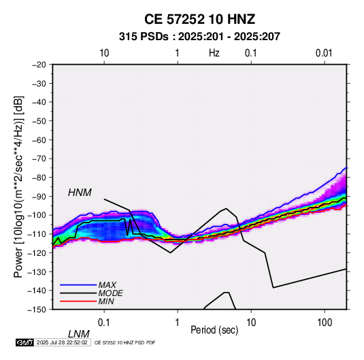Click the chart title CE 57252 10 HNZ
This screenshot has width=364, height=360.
199,19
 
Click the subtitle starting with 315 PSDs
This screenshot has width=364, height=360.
199,37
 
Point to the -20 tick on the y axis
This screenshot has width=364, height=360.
39,65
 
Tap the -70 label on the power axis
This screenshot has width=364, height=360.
39,159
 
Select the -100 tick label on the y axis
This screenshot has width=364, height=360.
37,215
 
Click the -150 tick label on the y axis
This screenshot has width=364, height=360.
37,310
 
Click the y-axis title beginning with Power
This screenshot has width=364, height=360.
19,187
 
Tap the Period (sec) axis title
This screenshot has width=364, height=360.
214,330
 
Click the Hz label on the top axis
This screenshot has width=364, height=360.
214,53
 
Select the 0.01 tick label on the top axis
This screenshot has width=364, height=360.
324,53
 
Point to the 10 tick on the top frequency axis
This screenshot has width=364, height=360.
104,53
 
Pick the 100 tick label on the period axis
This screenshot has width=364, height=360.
325,323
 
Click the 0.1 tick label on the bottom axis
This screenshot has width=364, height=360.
104,323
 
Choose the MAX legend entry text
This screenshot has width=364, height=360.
107,285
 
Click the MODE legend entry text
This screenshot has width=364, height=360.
110,293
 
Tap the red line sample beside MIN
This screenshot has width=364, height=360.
78,301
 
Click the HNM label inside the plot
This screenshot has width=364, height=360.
80,193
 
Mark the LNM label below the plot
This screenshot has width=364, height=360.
78,334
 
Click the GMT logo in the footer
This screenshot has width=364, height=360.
25,342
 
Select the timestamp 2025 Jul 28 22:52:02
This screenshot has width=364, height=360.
62,342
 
